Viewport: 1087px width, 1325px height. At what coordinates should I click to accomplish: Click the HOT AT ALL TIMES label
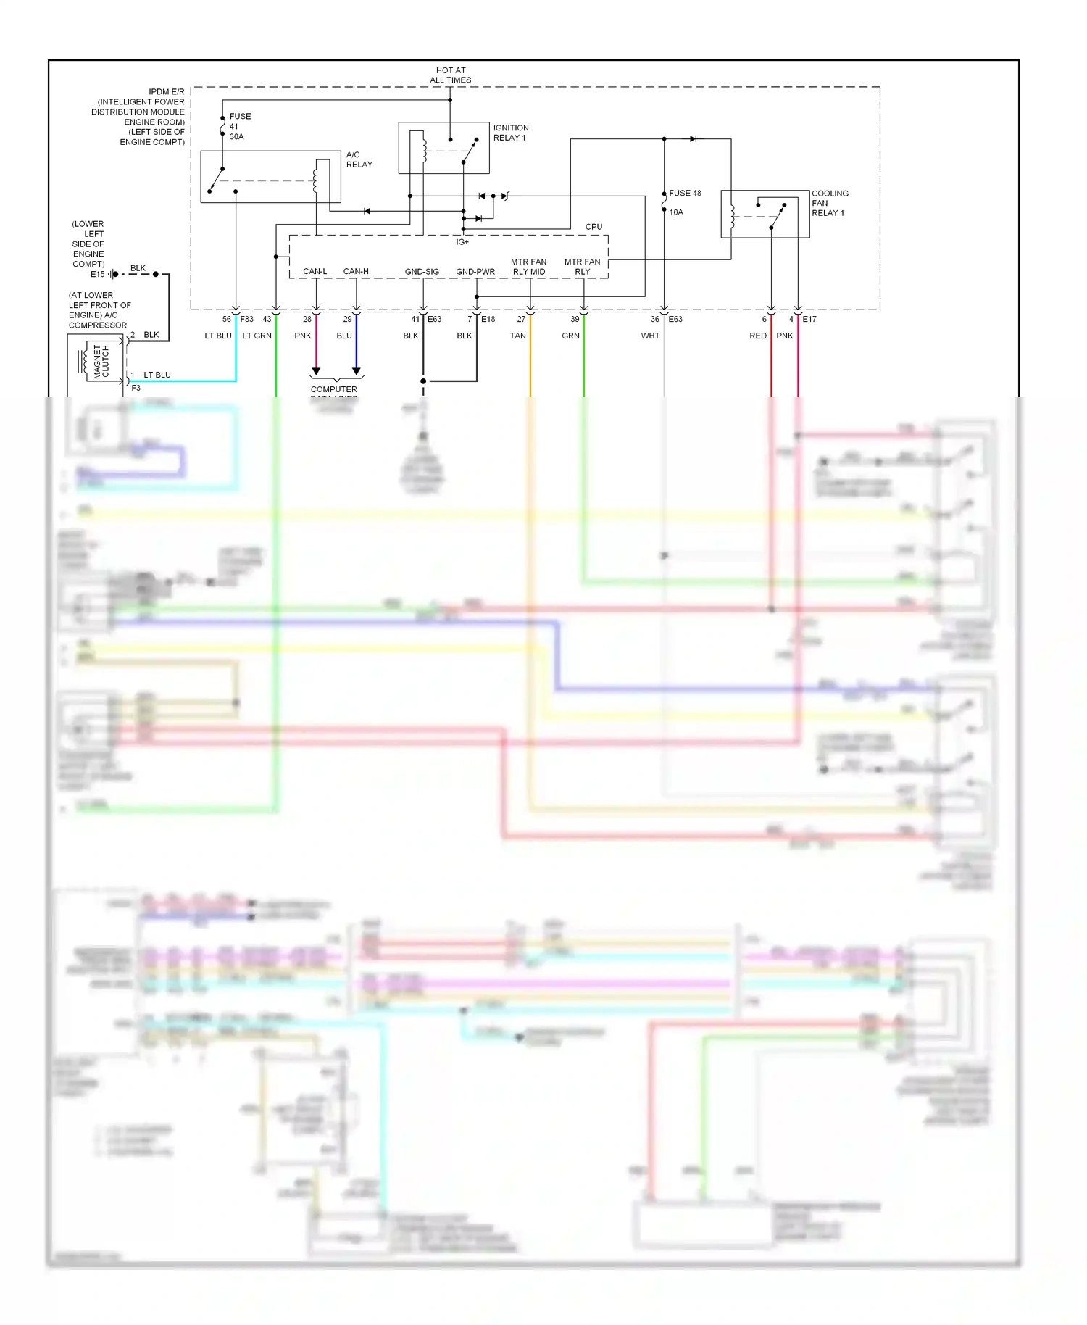click(450, 75)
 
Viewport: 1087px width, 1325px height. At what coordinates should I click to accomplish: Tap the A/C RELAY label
click(359, 159)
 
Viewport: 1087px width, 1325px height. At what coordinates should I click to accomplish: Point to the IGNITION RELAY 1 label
click(511, 133)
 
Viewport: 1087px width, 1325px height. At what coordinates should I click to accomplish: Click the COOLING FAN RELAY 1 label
click(829, 203)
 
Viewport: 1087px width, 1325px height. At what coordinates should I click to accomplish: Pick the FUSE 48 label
click(685, 194)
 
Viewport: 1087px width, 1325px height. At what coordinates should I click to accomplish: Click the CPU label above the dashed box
click(594, 227)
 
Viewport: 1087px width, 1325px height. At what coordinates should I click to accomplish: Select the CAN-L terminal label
click(315, 272)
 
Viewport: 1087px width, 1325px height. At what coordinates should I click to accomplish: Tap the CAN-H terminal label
click(356, 272)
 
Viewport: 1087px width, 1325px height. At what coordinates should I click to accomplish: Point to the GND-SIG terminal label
click(422, 272)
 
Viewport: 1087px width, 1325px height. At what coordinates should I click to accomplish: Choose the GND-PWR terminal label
click(475, 272)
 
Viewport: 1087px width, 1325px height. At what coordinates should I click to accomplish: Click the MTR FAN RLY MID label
click(529, 267)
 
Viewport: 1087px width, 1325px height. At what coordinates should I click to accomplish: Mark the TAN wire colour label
click(517, 336)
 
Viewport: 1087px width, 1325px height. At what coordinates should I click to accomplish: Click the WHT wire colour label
click(650, 336)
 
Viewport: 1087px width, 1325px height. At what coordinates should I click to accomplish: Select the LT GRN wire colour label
click(257, 336)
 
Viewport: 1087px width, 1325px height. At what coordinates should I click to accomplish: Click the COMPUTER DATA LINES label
click(334, 390)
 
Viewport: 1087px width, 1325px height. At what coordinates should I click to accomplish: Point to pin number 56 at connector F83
click(227, 319)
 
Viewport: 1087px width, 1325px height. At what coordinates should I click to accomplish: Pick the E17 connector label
click(809, 319)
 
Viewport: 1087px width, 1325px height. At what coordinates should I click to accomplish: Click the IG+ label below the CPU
click(462, 242)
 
